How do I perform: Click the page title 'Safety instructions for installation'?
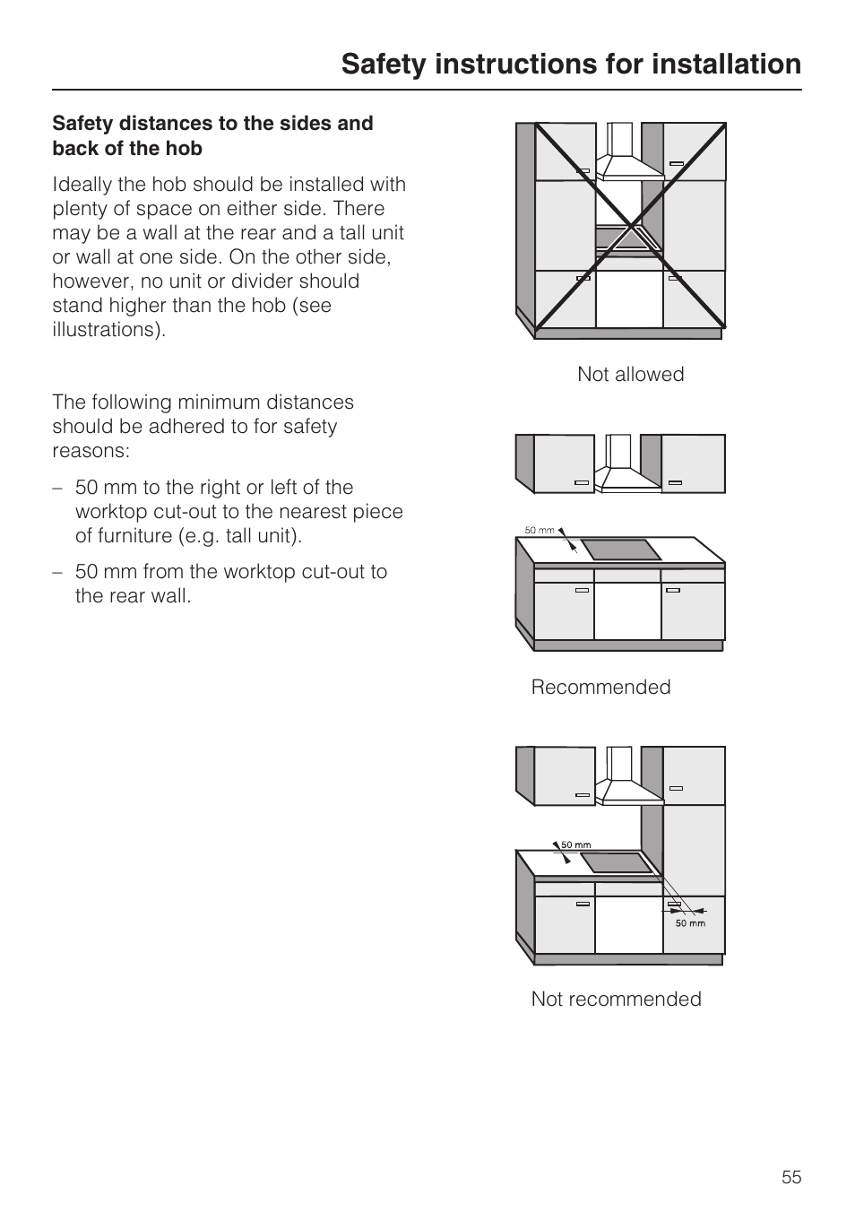click(x=571, y=64)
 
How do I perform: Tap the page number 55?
click(x=790, y=1177)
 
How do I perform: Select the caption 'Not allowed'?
click(x=630, y=375)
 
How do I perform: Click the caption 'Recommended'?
click(x=600, y=688)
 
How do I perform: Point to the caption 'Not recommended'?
click(x=616, y=1000)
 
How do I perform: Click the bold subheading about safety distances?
click(x=212, y=135)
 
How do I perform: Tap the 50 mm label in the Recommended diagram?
click(x=539, y=531)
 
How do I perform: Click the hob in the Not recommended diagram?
click(x=616, y=862)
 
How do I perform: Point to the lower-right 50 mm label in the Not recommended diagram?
click(x=690, y=923)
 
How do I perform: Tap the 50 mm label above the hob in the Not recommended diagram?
click(x=575, y=844)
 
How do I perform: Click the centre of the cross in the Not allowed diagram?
click(x=631, y=225)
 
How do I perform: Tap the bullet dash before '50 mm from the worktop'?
click(x=57, y=572)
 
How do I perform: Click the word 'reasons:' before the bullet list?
click(x=91, y=451)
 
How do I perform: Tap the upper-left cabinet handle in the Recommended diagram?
click(x=582, y=482)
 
